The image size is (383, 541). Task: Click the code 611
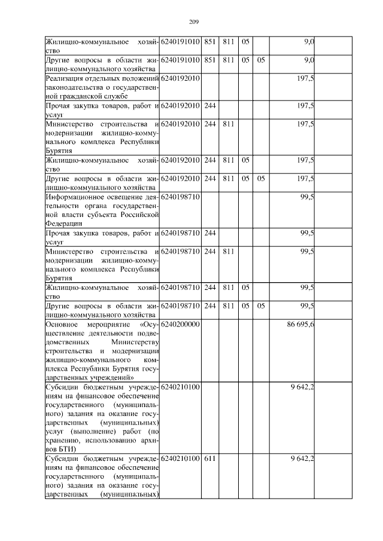(209, 458)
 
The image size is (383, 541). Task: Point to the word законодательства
(74, 88)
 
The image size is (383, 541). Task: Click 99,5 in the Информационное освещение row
(308, 196)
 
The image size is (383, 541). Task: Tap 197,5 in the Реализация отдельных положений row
(306, 79)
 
